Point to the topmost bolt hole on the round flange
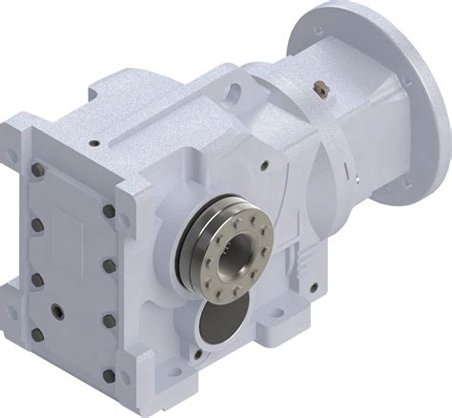click(318, 31)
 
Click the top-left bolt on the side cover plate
click(38, 170)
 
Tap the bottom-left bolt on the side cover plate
click(38, 334)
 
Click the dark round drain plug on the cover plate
click(59, 311)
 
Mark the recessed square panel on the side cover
click(72, 225)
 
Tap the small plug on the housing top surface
click(92, 144)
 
